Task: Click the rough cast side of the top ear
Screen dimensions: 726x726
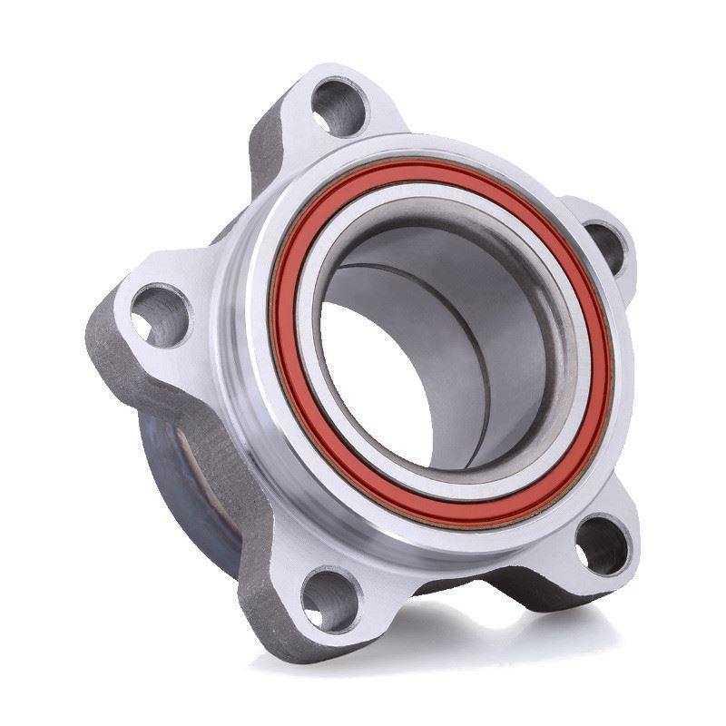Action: coord(263,154)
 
